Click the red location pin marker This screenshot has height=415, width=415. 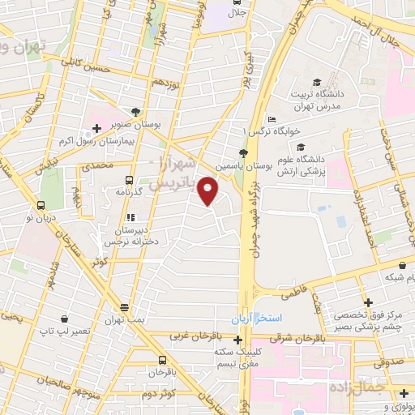[208, 191]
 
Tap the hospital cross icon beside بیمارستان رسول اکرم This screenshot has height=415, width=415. [96, 128]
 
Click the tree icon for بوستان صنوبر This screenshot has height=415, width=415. [135, 113]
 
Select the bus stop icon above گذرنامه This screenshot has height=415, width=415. [129, 180]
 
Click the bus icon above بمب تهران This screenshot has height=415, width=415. [124, 307]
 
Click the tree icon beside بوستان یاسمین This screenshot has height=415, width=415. [243, 152]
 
